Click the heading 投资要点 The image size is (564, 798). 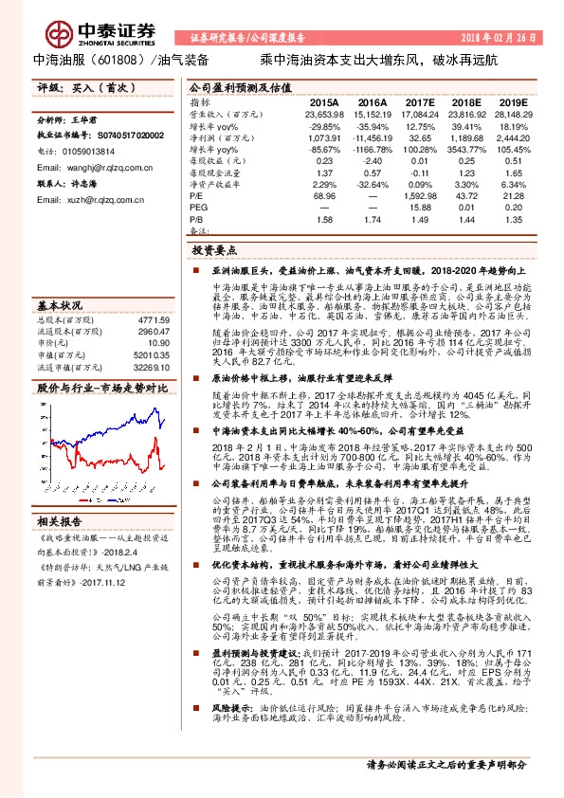213,250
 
